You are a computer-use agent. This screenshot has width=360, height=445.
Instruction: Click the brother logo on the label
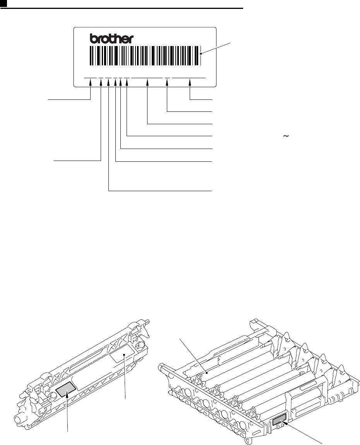click(x=112, y=38)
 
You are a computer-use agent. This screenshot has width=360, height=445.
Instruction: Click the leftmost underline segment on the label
click(x=91, y=78)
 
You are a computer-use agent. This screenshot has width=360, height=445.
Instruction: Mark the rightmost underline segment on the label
click(x=189, y=78)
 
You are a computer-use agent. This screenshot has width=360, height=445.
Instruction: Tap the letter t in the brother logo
click(x=113, y=38)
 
